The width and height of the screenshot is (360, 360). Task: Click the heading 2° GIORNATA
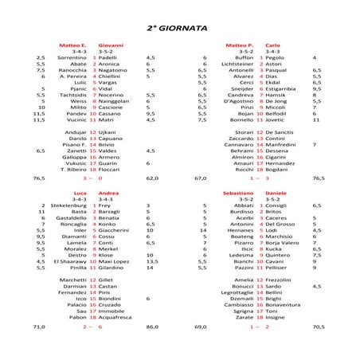pos(179,27)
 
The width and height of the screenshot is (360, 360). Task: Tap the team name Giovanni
pos(110,45)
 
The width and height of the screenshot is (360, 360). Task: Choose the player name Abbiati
pos(242,205)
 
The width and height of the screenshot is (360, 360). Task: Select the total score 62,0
pos(152,179)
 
